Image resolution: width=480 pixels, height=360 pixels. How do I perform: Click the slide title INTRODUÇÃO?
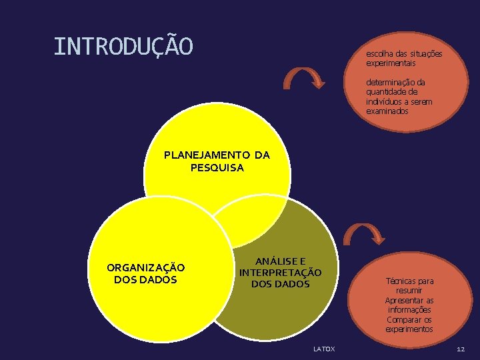[x=123, y=47]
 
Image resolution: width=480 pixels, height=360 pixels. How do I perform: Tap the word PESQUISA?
[x=217, y=167]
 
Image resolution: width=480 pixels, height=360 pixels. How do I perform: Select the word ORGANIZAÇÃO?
[x=146, y=268]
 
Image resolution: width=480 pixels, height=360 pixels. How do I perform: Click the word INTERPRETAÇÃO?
[x=280, y=273]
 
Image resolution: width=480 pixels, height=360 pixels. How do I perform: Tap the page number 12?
[x=461, y=349]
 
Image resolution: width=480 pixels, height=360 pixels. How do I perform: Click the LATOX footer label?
[x=325, y=349]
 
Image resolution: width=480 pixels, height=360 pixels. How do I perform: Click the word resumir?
[x=409, y=291]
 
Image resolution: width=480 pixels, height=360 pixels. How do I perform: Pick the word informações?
[x=409, y=310]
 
